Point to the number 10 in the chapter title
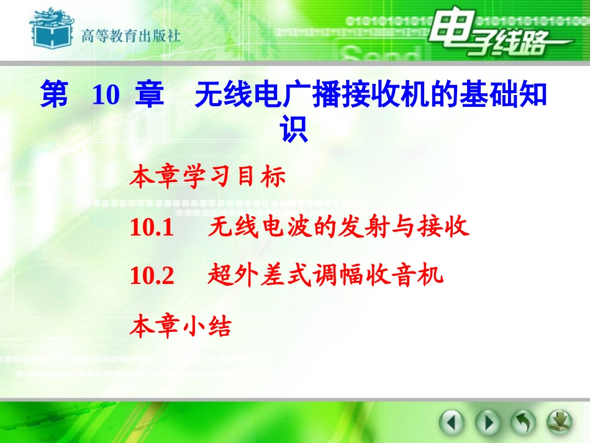click(105, 96)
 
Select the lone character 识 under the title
click(294, 130)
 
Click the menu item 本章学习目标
click(207, 178)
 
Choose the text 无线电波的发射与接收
click(339, 228)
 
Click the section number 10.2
click(152, 275)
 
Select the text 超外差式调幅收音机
click(325, 275)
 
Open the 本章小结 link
click(180, 327)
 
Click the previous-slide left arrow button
click(452, 423)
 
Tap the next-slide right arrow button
click(488, 423)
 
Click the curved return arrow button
click(523, 423)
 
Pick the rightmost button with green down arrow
click(559, 423)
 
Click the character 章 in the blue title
click(149, 96)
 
